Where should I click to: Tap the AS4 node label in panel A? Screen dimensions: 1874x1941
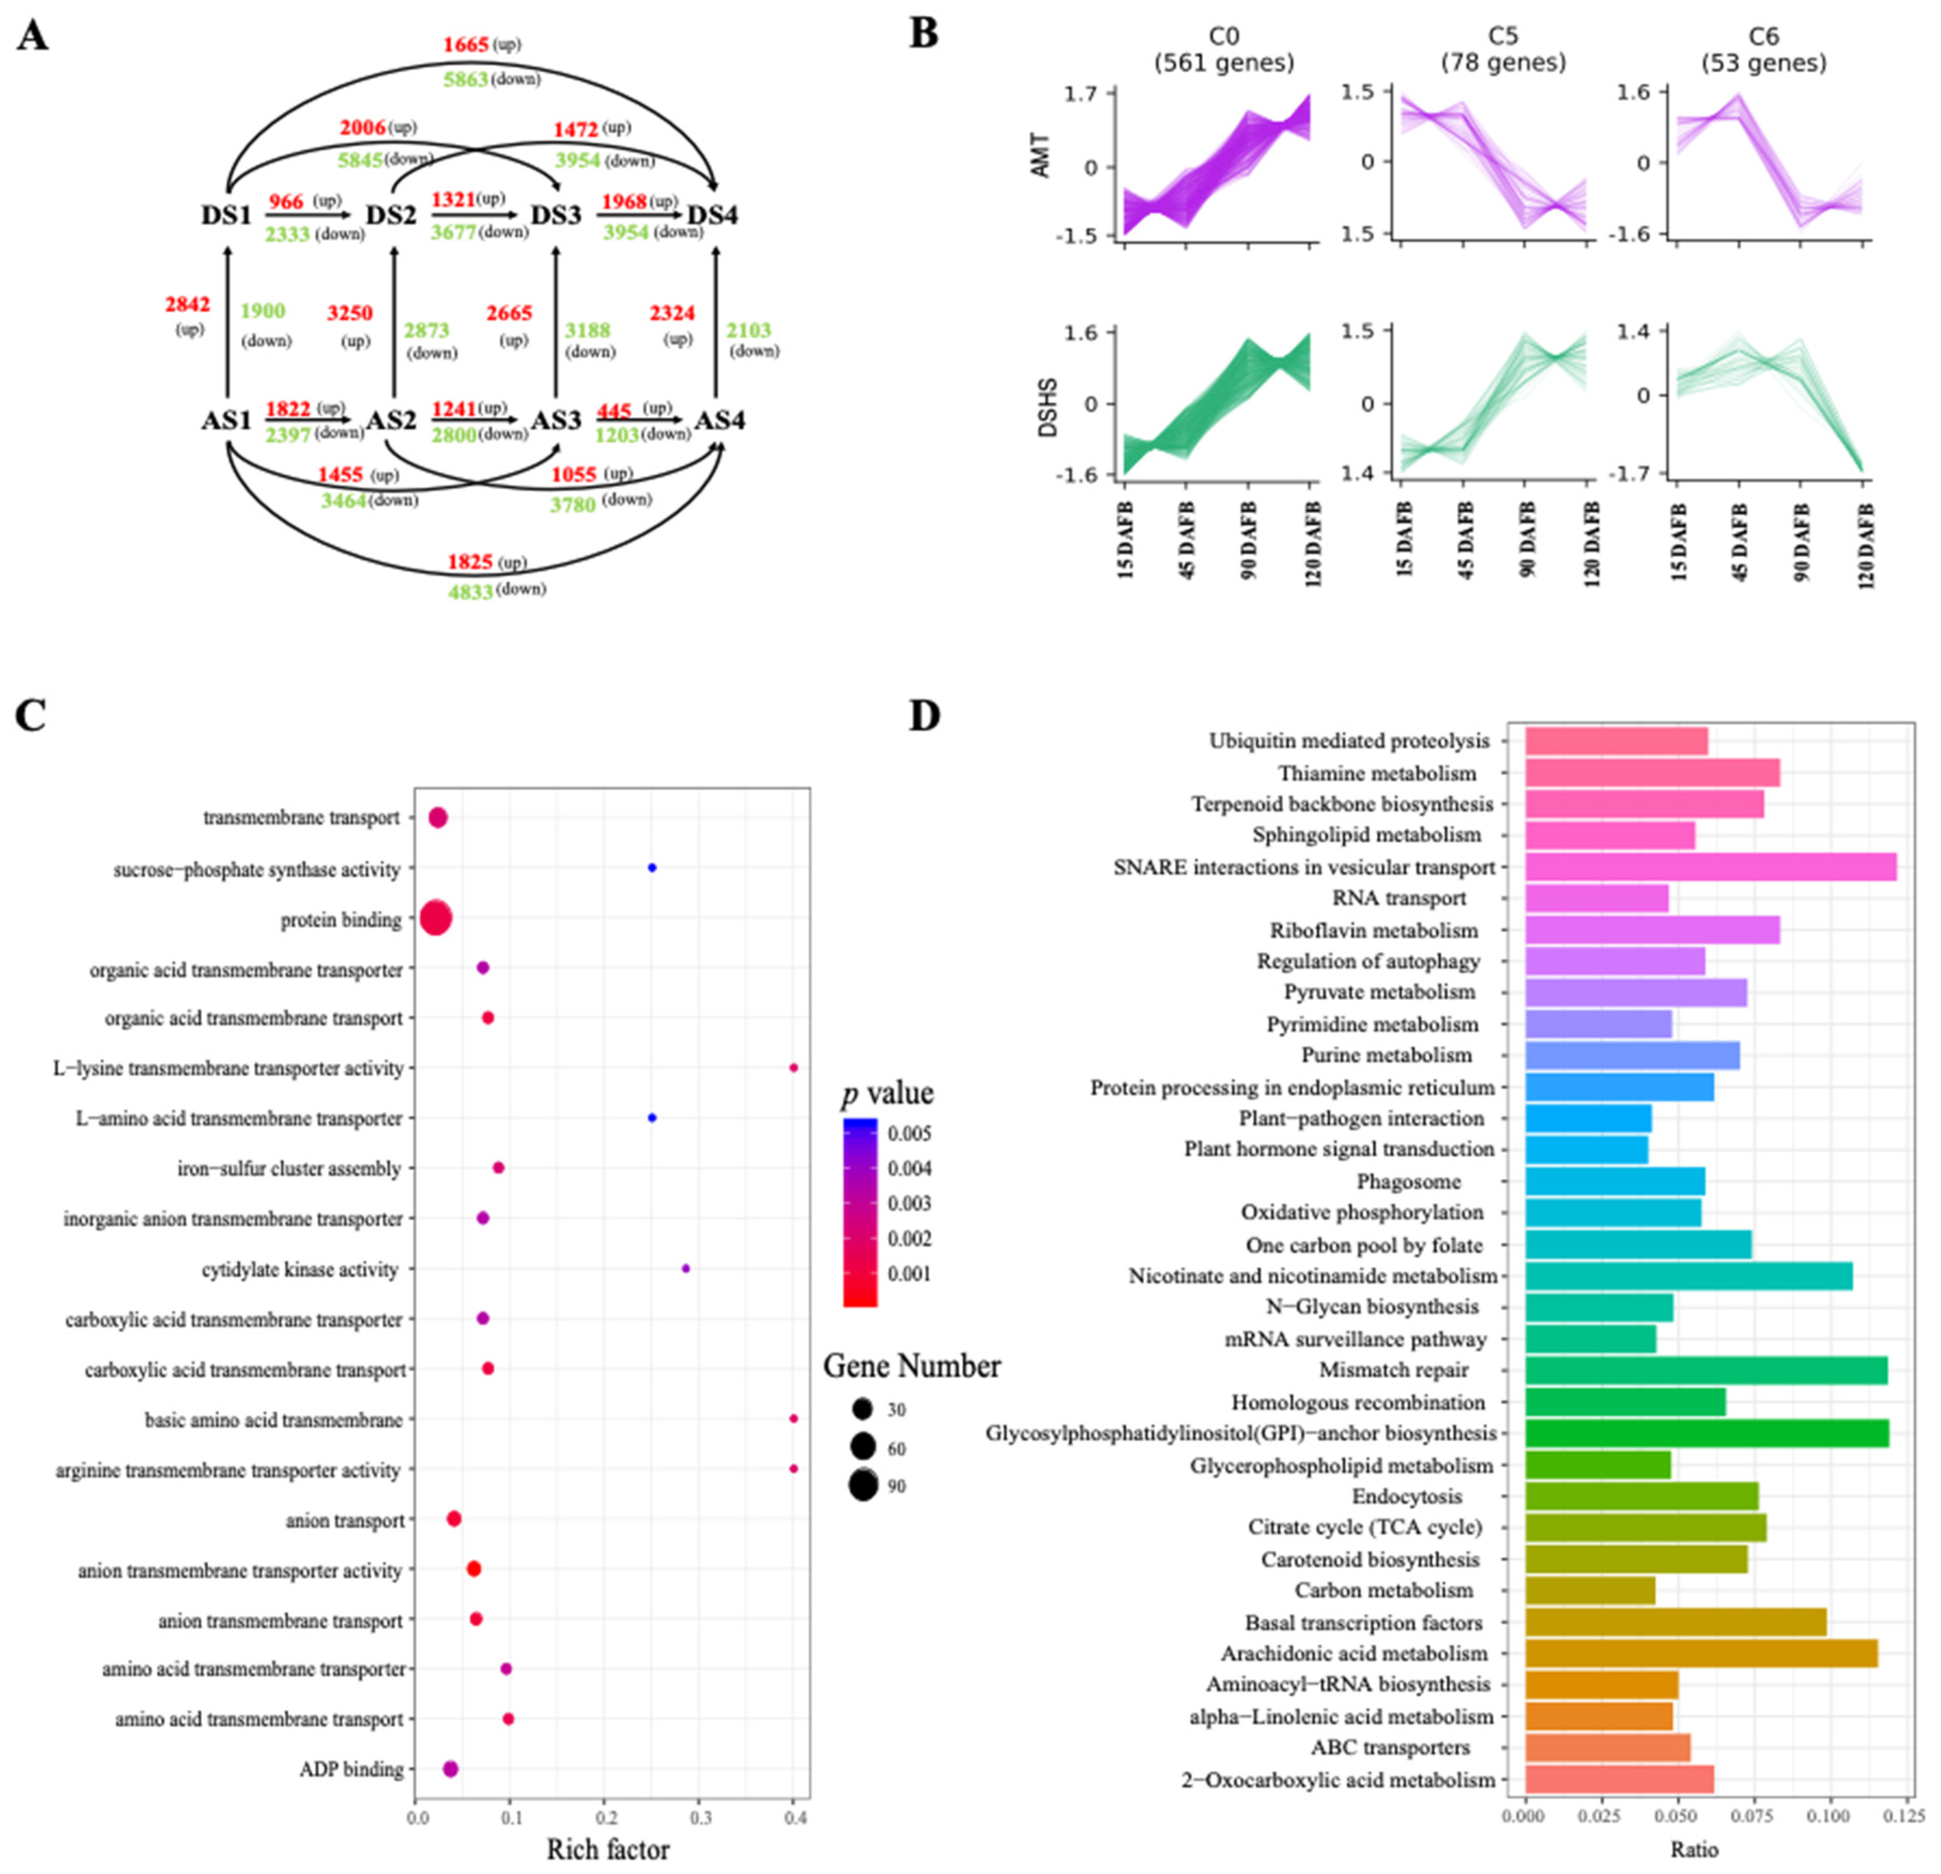tap(720, 421)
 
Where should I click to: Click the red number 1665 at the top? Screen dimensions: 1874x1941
tap(465, 44)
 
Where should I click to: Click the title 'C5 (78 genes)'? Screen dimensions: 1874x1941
tap(1503, 50)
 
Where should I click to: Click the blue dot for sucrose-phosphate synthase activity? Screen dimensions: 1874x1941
tap(652, 867)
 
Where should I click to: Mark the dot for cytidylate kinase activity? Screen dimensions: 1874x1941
tap(685, 1268)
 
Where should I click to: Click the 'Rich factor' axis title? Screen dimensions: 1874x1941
tap(608, 1849)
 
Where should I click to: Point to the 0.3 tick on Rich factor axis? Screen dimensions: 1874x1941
tap(699, 1817)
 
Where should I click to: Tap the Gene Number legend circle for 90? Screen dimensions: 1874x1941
tap(862, 1486)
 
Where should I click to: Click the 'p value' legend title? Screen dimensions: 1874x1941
tap(887, 1094)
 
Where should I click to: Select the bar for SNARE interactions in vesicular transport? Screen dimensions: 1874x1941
tap(1710, 867)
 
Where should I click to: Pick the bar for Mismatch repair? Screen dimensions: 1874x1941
tap(1705, 1371)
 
